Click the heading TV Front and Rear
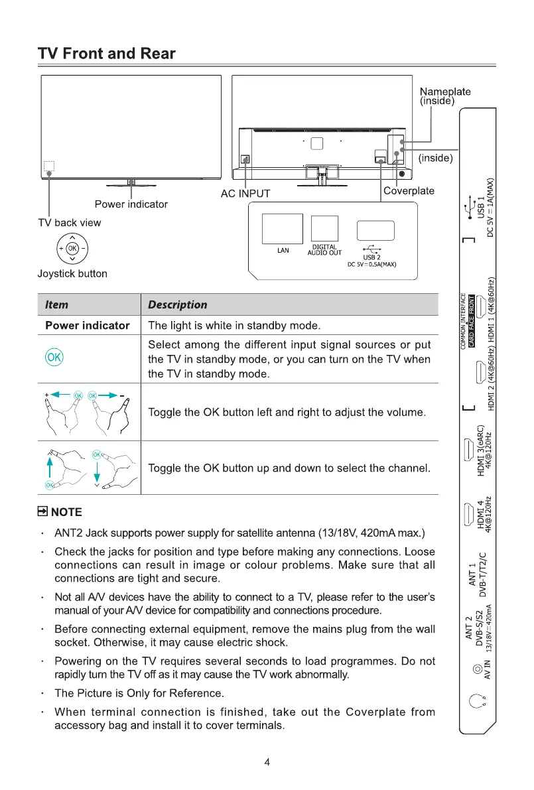(107, 54)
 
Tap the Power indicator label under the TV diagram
(131, 204)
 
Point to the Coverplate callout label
(409, 191)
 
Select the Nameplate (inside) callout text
(445, 96)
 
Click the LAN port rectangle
(283, 229)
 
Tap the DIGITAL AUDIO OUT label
(324, 250)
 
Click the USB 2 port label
(371, 257)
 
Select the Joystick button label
(72, 274)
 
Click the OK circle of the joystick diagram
(72, 249)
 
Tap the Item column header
(56, 305)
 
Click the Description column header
(177, 305)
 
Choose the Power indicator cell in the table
(88, 326)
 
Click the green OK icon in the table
(54, 358)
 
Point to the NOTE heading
(60, 512)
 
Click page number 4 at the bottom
(267, 762)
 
